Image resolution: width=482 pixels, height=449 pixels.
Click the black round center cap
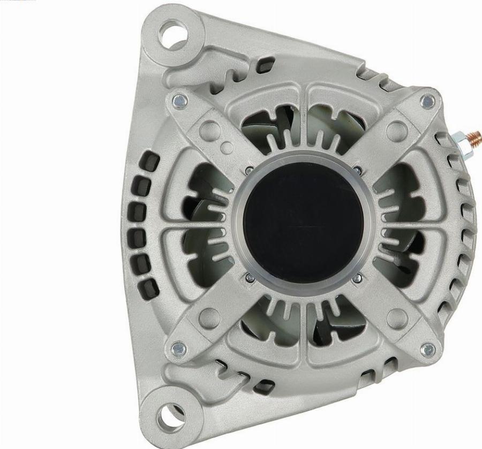pyautogui.click(x=302, y=223)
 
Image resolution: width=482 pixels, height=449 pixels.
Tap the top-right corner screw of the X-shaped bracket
pyautogui.click(x=427, y=100)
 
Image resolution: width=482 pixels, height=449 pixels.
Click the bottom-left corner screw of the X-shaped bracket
pyautogui.click(x=179, y=349)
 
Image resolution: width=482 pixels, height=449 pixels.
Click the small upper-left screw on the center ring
pyautogui.click(x=248, y=171)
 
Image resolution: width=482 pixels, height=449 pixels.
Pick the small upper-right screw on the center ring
pyautogui.click(x=357, y=171)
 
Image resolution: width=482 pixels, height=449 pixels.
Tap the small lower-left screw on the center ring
pyautogui.click(x=248, y=277)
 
